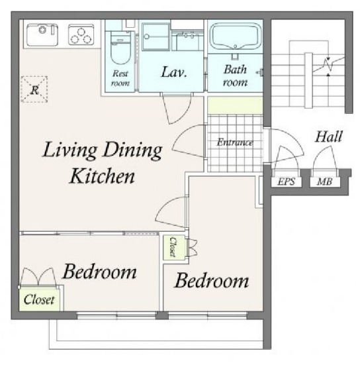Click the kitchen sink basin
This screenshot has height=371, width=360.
click(x=42, y=34)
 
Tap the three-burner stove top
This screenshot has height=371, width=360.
click(x=81, y=34)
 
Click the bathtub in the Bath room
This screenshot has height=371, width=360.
click(x=236, y=36)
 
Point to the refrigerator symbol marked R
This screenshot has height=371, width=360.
click(x=34, y=89)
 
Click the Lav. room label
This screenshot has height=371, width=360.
click(x=174, y=72)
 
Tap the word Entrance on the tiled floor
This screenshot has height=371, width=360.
click(x=235, y=142)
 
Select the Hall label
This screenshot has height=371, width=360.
click(x=328, y=136)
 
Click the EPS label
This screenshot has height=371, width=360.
click(x=287, y=182)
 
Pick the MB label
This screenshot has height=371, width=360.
click(x=325, y=182)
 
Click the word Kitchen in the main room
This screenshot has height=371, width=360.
click(x=102, y=176)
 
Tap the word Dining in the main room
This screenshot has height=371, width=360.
click(x=132, y=150)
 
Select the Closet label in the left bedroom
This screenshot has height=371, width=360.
click(x=39, y=299)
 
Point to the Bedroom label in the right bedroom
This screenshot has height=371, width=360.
click(x=212, y=281)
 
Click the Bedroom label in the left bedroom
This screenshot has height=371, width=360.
click(x=99, y=272)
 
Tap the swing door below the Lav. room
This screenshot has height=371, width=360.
click(x=177, y=108)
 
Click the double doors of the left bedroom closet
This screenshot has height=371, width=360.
click(x=38, y=278)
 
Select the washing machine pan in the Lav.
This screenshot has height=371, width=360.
click(x=156, y=36)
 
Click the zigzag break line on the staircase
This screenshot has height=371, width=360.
click(x=328, y=64)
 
